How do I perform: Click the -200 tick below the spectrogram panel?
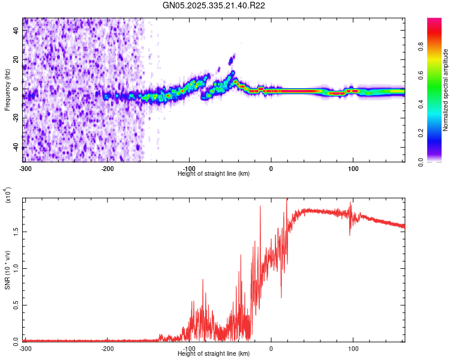coord(108,167)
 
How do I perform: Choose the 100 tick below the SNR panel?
coord(353,349)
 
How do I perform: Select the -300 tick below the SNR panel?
coord(25,349)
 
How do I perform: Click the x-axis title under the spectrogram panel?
coord(214,173)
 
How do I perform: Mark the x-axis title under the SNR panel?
coord(214,354)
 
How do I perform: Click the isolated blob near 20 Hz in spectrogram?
coord(233,59)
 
